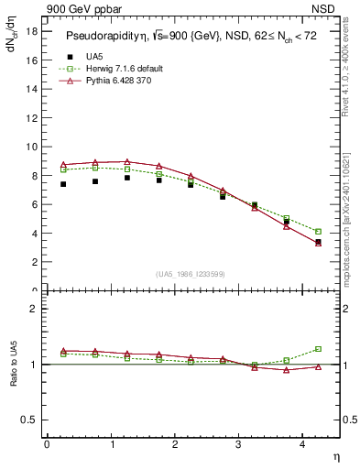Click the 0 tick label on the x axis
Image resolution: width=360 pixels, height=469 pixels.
47,444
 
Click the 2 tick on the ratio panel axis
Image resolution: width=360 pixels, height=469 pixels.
32,309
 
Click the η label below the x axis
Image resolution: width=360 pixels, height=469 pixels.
334,455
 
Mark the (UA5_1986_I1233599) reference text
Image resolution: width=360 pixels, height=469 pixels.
191,275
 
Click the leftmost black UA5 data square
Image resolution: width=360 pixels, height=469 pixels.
63,184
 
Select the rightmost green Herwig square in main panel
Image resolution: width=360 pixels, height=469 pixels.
318,232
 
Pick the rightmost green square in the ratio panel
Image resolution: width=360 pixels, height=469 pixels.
318,349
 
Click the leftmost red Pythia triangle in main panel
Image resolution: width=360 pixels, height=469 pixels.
63,164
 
